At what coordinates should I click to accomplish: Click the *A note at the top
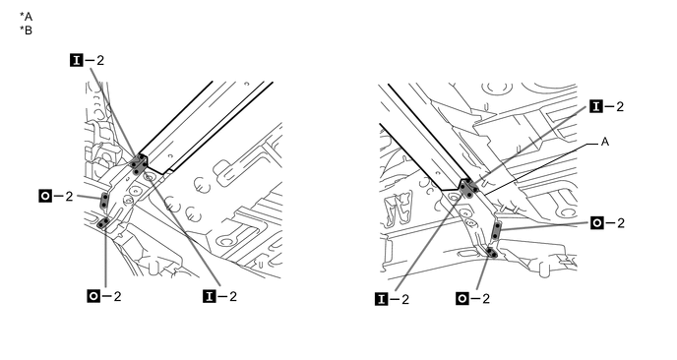[x=26, y=17]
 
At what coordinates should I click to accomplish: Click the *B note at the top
[x=26, y=30]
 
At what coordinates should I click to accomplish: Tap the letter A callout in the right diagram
[x=605, y=142]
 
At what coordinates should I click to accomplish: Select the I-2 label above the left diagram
[x=87, y=60]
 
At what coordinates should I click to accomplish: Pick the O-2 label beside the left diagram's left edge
[x=56, y=197]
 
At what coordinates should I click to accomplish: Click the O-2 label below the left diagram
[x=104, y=296]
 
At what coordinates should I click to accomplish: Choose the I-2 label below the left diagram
[x=219, y=296]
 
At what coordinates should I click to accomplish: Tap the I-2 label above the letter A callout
[x=607, y=106]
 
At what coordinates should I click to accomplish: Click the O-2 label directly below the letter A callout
[x=607, y=222]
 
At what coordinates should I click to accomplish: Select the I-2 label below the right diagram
[x=392, y=299]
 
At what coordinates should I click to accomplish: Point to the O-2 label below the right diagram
[x=472, y=298]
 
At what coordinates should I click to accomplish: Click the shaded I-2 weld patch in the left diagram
[x=138, y=164]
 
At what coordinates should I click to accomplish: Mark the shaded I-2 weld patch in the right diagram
[x=468, y=188]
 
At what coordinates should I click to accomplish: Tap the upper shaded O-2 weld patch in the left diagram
[x=104, y=201]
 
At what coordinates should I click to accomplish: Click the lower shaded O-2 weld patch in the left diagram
[x=103, y=223]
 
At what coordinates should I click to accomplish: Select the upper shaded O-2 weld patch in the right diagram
[x=496, y=231]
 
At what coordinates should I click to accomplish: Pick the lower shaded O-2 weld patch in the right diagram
[x=492, y=252]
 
